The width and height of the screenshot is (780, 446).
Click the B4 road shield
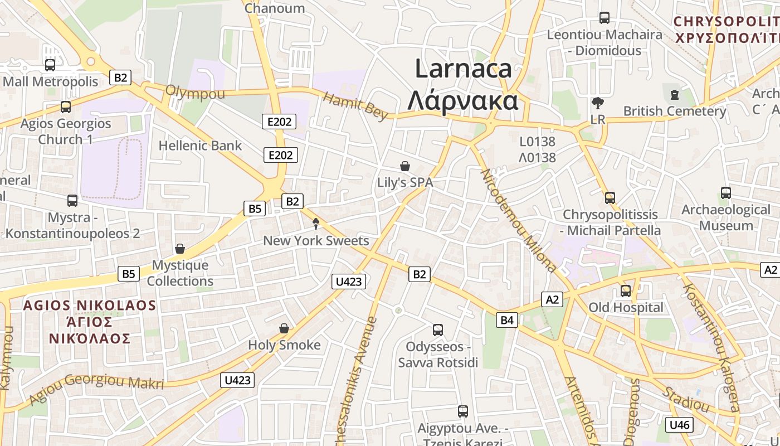pyautogui.click(x=506, y=320)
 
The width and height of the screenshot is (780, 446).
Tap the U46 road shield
pyautogui.click(x=680, y=425)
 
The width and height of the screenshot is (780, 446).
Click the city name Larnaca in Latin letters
pyautogui.click(x=464, y=69)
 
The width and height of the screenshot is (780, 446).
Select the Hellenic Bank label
pyautogui.click(x=200, y=146)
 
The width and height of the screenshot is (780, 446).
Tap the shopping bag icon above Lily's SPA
pyautogui.click(x=405, y=166)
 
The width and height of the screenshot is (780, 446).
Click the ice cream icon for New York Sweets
pyautogui.click(x=316, y=224)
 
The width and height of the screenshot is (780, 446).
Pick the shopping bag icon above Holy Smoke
pyautogui.click(x=284, y=328)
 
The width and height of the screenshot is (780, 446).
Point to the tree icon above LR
pyautogui.click(x=598, y=103)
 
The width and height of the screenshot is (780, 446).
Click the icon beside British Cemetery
pyautogui.click(x=675, y=94)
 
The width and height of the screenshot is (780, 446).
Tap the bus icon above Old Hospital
pyautogui.click(x=626, y=290)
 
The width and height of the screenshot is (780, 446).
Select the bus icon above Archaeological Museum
pyautogui.click(x=725, y=193)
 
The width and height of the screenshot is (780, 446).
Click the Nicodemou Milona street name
pyautogui.click(x=518, y=220)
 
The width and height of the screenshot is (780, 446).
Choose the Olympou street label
pyautogui.click(x=195, y=93)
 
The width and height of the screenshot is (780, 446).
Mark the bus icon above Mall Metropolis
pyautogui.click(x=50, y=65)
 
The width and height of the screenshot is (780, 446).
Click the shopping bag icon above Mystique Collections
pyautogui.click(x=179, y=248)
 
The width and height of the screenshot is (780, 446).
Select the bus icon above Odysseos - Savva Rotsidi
pyautogui.click(x=438, y=330)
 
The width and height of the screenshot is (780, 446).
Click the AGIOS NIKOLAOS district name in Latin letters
pyautogui.click(x=90, y=306)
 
